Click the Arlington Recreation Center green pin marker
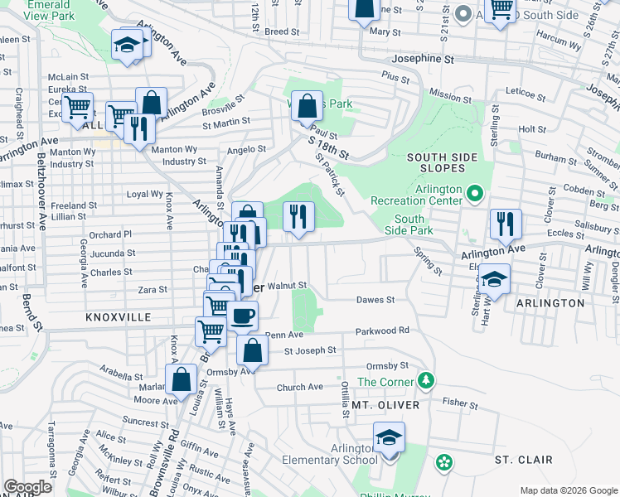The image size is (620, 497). (x=475, y=195)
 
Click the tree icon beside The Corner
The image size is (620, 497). (x=426, y=380)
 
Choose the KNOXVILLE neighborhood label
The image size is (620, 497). (x=117, y=317)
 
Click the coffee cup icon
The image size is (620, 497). (x=243, y=316)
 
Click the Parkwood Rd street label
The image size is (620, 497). (x=383, y=331)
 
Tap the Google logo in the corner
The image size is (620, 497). (x=28, y=487)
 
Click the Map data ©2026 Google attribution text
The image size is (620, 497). (x=568, y=490)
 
